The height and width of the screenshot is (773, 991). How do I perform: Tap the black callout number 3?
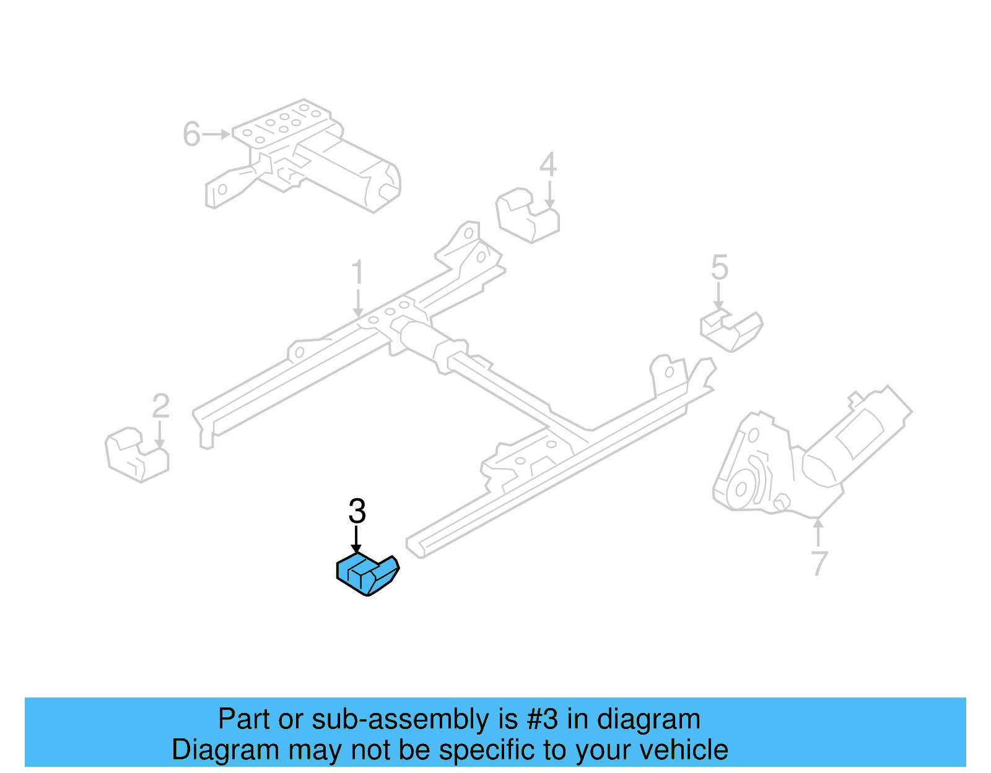pos(357,512)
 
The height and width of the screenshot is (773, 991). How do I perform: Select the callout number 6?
pos(191,134)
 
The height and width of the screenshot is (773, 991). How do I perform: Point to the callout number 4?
pos(548,165)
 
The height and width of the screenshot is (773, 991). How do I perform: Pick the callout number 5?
pos(719,267)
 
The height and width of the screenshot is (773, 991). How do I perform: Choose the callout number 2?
pos(160,407)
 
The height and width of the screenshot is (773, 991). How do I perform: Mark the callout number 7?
pos(819,563)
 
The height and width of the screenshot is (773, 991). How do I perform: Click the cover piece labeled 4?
pos(527,216)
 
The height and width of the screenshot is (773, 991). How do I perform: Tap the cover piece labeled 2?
pos(137,456)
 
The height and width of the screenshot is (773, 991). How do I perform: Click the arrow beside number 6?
pos(217,134)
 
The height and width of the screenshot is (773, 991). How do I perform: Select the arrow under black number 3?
pos(356,540)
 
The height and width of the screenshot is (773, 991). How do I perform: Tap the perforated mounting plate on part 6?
pos(282,123)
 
